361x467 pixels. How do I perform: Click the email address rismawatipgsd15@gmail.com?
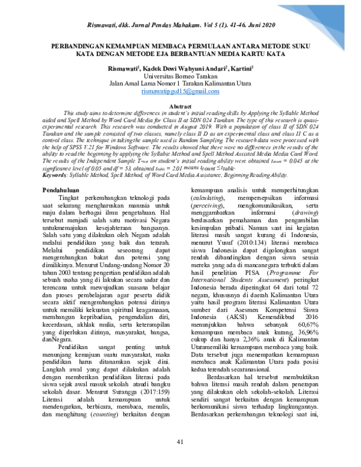[x=180, y=91]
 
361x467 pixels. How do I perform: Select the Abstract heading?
[x=180, y=105]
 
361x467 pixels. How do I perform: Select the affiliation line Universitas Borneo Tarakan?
[x=180, y=76]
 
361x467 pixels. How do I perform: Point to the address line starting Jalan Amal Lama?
[x=180, y=84]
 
